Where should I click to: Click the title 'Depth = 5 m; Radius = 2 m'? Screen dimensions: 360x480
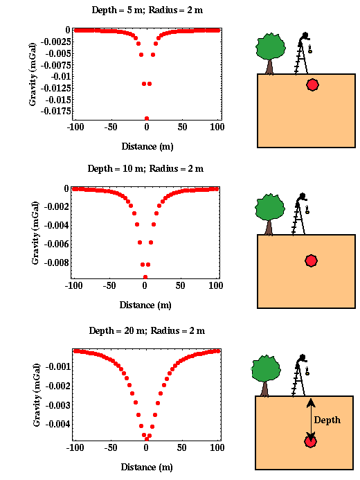(x=147, y=10)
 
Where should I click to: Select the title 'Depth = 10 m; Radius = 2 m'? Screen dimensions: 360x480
(x=145, y=169)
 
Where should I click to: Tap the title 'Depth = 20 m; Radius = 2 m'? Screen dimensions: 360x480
(x=147, y=330)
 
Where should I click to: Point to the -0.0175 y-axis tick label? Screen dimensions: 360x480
(x=55, y=111)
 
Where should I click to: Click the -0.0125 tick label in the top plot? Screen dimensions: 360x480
(x=55, y=88)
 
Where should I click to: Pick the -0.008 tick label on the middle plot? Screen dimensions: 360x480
(x=57, y=263)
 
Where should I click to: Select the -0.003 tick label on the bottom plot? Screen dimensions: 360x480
(x=58, y=405)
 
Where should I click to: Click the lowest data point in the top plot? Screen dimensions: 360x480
(x=147, y=118)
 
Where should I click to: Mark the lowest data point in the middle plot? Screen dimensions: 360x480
(x=145, y=277)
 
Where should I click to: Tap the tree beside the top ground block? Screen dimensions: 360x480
(x=271, y=54)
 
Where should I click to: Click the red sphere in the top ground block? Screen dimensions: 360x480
(x=312, y=85)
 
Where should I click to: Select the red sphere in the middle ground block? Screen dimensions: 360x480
(x=311, y=261)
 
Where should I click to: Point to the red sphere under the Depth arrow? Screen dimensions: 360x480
(x=310, y=441)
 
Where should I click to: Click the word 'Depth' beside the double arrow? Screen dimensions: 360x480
(x=327, y=420)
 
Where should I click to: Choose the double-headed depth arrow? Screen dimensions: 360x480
(x=311, y=419)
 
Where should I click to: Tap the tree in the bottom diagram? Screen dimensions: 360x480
(x=265, y=376)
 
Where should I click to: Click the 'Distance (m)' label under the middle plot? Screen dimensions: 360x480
(x=145, y=305)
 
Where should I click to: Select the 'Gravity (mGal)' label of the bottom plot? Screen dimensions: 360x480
(x=37, y=395)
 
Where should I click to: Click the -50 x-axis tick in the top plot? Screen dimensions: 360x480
(x=111, y=127)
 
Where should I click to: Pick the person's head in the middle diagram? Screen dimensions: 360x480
(x=303, y=196)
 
